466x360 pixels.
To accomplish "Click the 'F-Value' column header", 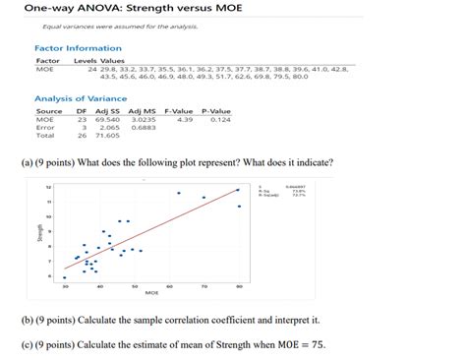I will tap(179, 111).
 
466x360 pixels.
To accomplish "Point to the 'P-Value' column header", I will tap(215, 111).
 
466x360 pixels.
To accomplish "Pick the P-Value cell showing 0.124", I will tap(220, 119).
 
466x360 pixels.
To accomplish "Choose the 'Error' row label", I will tap(45, 127).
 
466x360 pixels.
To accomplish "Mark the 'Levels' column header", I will tap(85, 61).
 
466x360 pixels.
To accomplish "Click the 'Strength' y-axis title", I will tap(40, 232).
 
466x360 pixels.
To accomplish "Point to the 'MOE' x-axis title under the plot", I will tap(151, 292).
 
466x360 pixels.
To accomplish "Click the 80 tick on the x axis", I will tap(239, 285).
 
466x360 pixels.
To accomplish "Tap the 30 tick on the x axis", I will tap(66, 285).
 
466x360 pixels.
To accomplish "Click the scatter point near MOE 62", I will tap(178, 194).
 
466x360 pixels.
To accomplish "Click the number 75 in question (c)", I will tap(312, 344).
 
